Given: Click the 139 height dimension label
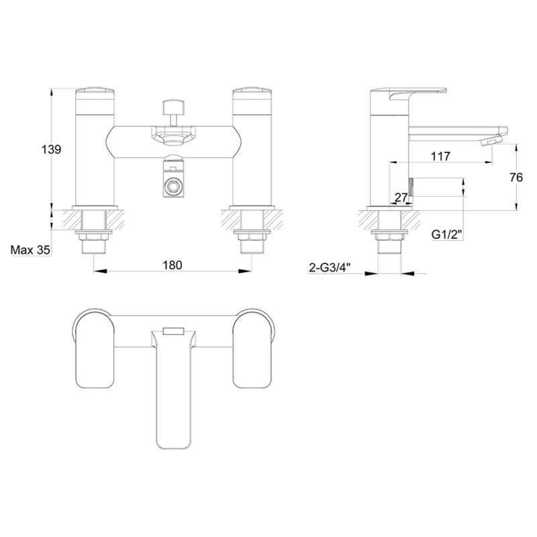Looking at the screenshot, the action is [52, 149].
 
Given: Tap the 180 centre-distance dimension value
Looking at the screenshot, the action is [173, 264].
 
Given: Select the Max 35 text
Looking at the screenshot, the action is [30, 250].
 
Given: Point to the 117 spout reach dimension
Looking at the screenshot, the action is [440, 156].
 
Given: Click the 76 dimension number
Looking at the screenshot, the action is [516, 177].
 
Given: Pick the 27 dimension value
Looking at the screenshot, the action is [401, 197].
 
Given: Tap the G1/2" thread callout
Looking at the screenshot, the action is [447, 234].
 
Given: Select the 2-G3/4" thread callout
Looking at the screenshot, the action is [330, 267].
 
